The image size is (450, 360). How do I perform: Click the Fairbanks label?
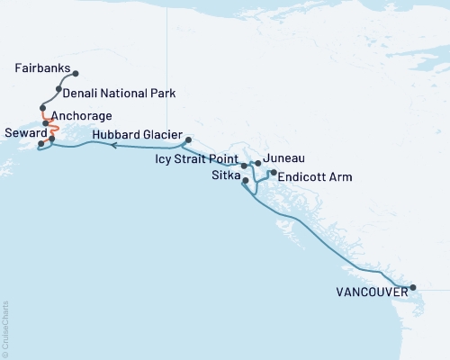(x=41, y=68)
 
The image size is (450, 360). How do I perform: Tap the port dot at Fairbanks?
(x=76, y=74)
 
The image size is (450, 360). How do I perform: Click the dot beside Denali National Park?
(x=58, y=90)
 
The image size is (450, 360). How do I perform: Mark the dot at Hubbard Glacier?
(x=188, y=139)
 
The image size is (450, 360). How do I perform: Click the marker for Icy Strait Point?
(x=245, y=166)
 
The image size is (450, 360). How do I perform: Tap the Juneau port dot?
(x=258, y=163)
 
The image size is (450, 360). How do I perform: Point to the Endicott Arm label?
(x=312, y=176)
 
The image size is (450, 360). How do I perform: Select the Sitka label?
(x=222, y=176)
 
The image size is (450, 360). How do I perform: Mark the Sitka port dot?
(x=246, y=182)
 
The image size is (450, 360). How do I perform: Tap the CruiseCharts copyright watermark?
(x=6, y=328)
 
